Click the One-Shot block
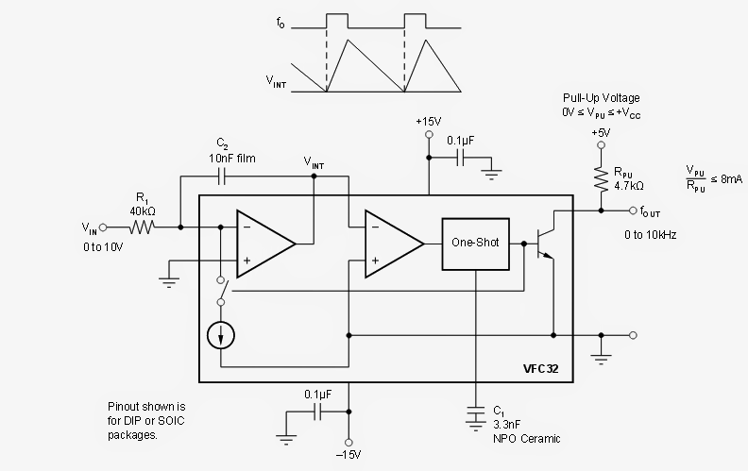(x=474, y=243)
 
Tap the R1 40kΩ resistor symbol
(x=143, y=227)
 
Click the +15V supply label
(x=428, y=122)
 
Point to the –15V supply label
(x=349, y=456)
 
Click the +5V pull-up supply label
(x=600, y=133)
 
